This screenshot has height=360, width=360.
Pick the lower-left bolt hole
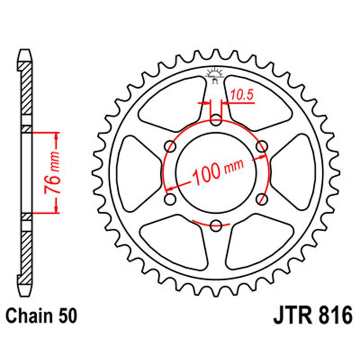(171, 198)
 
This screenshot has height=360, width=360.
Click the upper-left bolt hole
(171, 146)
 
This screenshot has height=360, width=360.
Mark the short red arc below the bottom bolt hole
(211, 224)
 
